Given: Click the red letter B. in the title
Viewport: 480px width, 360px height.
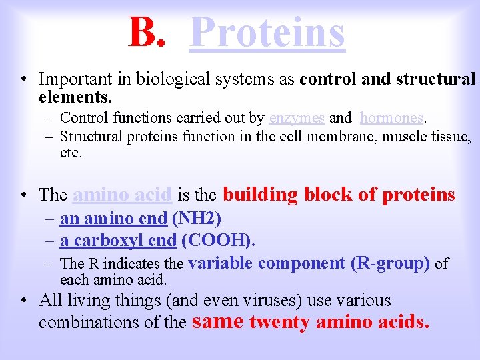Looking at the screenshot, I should point(147,32).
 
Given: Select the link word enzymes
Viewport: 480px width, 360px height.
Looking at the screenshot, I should point(297,118).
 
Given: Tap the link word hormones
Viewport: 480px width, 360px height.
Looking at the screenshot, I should point(391,118).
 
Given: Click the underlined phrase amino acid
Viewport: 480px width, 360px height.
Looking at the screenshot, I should point(123,195).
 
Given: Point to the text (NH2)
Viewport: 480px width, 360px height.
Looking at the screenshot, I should point(197,219).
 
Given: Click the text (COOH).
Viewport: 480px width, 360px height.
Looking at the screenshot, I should point(219,240).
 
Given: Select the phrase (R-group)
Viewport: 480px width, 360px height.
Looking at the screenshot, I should point(390,263).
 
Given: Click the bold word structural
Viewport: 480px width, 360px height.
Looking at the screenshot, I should point(436,79).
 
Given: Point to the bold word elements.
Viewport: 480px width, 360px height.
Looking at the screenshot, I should point(75,97).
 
